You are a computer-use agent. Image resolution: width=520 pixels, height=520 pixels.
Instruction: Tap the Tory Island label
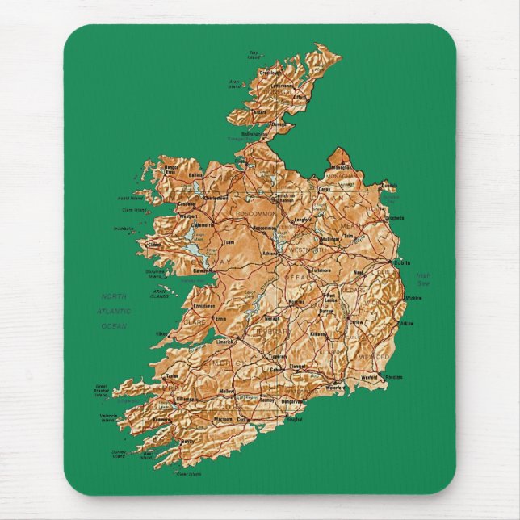254,56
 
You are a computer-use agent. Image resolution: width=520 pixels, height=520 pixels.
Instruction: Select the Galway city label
201,271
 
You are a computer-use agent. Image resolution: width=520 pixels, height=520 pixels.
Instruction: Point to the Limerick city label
224,341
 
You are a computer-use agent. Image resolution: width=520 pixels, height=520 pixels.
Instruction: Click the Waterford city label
335,388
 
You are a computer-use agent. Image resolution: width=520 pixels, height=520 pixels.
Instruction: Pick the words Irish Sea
423,279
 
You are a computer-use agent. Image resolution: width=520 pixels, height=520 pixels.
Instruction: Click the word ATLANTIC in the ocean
114,311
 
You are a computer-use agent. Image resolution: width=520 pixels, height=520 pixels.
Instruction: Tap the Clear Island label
189,474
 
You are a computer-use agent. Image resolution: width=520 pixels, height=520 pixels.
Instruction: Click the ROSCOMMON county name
256,213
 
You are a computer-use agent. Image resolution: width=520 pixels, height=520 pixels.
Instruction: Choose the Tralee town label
172,375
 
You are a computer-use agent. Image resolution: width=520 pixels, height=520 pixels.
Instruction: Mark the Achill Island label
130,197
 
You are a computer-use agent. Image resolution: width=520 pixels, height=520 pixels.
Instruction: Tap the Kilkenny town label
318,333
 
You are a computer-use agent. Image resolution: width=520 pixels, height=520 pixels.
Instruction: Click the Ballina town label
195,174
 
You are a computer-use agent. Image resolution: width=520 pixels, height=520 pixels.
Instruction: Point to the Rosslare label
394,377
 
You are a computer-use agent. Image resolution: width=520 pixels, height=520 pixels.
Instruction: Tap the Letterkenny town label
282,86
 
